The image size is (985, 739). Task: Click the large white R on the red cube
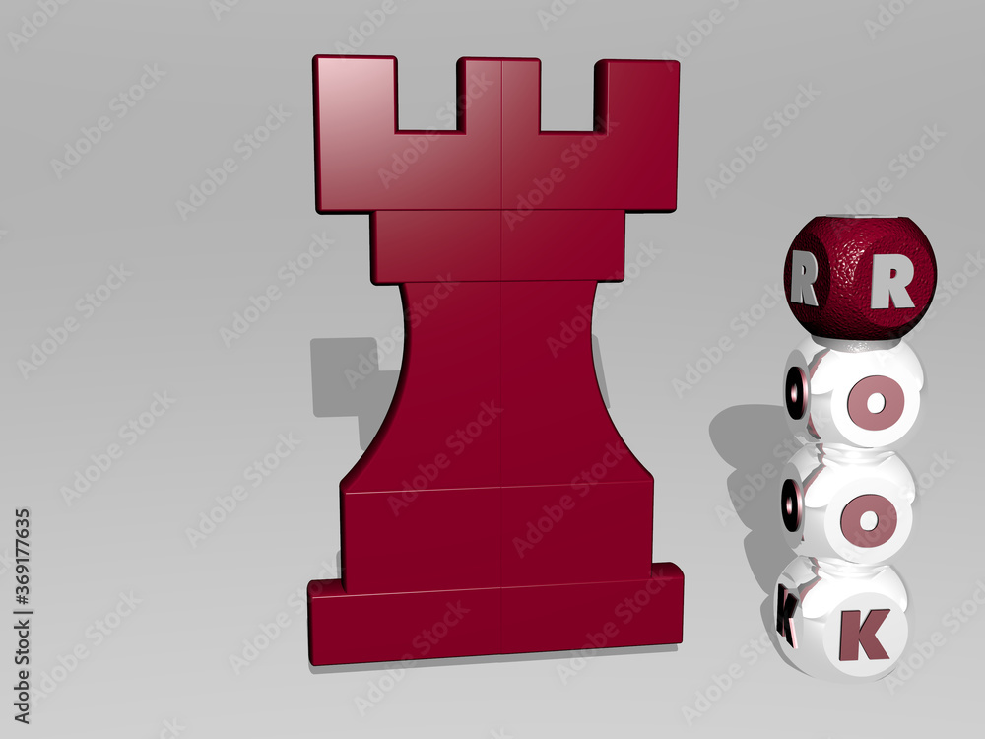892,286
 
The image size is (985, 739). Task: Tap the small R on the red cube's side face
804,283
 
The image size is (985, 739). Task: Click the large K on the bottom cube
864,633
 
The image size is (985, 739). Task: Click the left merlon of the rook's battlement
355,94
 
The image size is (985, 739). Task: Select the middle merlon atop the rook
499,94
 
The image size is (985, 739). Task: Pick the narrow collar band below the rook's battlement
498,246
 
